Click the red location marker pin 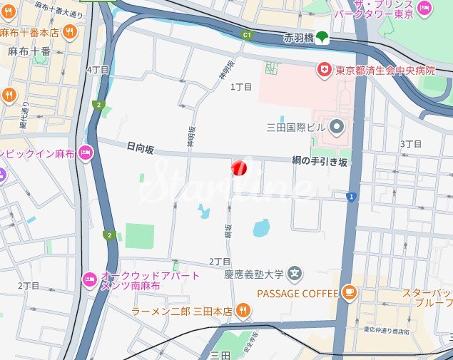point(239,168)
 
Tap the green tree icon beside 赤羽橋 point(322,36)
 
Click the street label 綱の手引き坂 point(319,162)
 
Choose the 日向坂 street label point(140,147)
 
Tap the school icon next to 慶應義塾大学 point(295,272)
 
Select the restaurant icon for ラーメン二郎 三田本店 point(243,310)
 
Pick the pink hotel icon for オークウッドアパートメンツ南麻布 point(90,277)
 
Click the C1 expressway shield point(248,34)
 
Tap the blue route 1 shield point(350,196)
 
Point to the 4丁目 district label point(97,70)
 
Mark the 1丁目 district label point(242,87)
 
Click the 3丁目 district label point(411,144)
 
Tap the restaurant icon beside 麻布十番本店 point(69,31)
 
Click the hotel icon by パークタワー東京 point(424,8)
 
